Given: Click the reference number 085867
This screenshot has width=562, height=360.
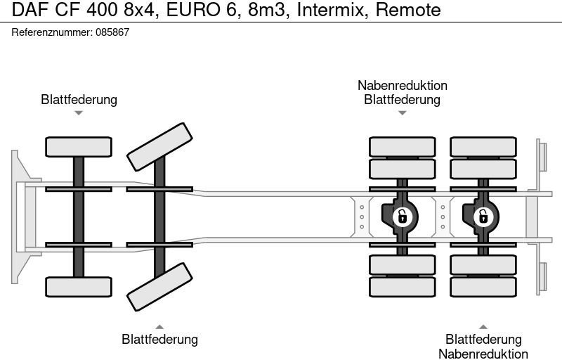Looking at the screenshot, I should point(113,32).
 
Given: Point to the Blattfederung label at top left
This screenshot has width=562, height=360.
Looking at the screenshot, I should point(79,100).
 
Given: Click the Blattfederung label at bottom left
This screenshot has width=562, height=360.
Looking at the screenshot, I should point(159,340).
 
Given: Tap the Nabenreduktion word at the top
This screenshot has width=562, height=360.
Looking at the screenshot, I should point(402,86).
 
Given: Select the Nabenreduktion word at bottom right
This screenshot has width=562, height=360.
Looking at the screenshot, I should point(483,354).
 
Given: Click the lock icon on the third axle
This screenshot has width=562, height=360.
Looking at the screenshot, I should point(402,216).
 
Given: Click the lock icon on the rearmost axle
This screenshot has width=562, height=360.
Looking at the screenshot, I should point(483,216).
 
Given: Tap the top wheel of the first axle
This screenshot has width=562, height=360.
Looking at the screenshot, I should point(79,147).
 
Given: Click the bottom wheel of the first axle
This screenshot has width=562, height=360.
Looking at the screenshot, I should point(79,286).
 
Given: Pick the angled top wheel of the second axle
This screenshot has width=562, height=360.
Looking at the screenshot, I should point(159,146).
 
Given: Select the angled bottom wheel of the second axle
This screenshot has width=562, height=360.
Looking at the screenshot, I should point(159,287).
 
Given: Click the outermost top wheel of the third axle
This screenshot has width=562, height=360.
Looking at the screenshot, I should point(402,147).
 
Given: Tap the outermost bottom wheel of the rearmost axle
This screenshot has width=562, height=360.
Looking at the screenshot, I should point(483,286).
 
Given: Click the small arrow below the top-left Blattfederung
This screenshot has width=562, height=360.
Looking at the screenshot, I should point(79,112).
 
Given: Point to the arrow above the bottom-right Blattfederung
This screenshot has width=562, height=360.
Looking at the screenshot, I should point(483,327).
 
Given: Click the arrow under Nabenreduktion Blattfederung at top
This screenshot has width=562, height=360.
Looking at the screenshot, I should point(402,112).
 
